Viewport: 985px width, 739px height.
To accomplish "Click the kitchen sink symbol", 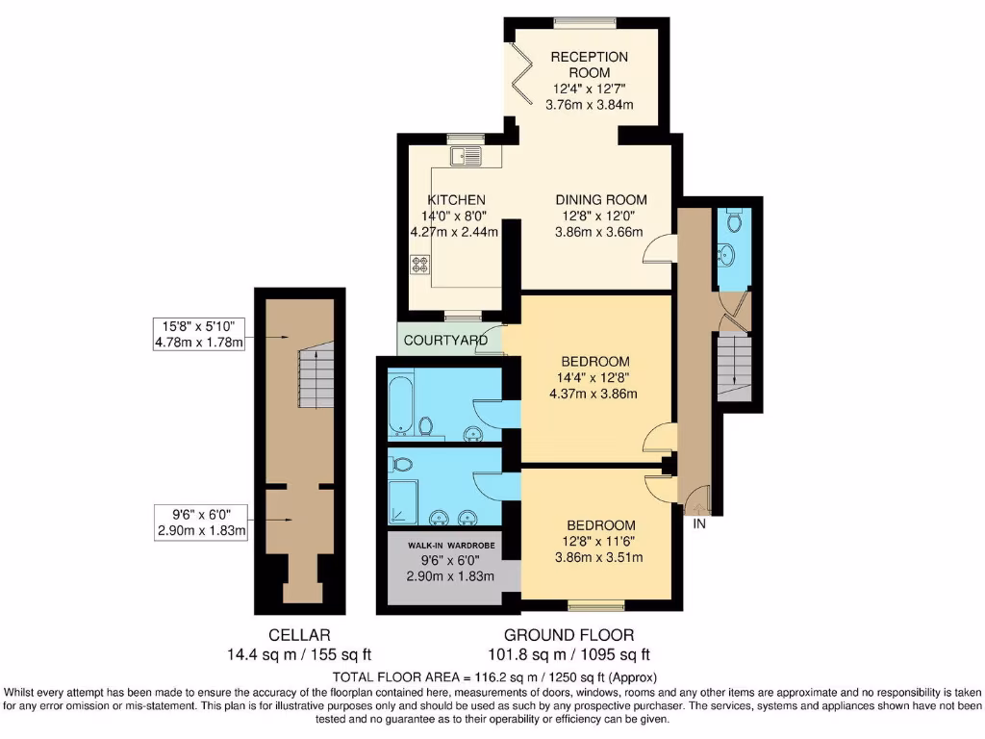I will (467, 154).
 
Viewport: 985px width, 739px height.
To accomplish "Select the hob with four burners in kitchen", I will (420, 264).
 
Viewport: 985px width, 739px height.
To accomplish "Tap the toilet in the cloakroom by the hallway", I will (737, 222).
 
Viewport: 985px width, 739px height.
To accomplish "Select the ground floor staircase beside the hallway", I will (734, 368).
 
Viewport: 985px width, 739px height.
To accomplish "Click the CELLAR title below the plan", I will (299, 635).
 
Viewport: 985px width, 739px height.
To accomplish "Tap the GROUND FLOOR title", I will (568, 635).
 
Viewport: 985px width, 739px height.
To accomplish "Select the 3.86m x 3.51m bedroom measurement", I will (600, 556).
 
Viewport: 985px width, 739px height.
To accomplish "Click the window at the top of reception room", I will (585, 22).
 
